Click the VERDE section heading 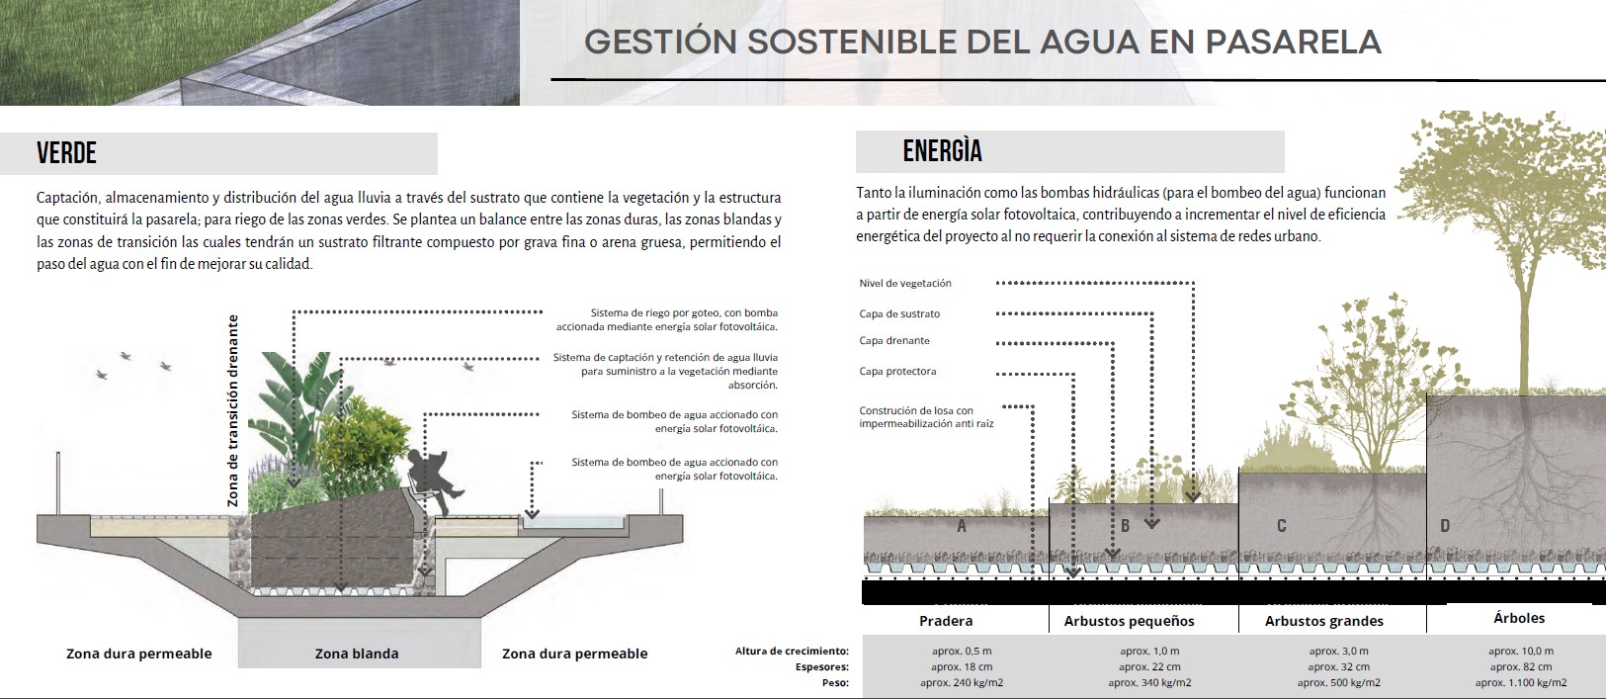tap(66, 153)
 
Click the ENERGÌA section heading tap(942, 151)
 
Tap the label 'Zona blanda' tap(357, 654)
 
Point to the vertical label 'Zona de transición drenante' tap(233, 410)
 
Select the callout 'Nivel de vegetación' tap(905, 284)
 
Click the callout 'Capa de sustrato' tap(899, 314)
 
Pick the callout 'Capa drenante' tap(894, 341)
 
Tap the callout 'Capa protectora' tap(897, 372)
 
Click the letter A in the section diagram tap(962, 526)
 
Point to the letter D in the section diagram tap(1445, 526)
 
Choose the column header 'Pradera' tap(946, 621)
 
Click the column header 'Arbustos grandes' tap(1324, 621)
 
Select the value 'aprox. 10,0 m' tap(1521, 651)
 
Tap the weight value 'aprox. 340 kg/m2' tap(1149, 682)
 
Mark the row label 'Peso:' tap(835, 682)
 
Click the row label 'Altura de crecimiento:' tap(792, 651)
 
